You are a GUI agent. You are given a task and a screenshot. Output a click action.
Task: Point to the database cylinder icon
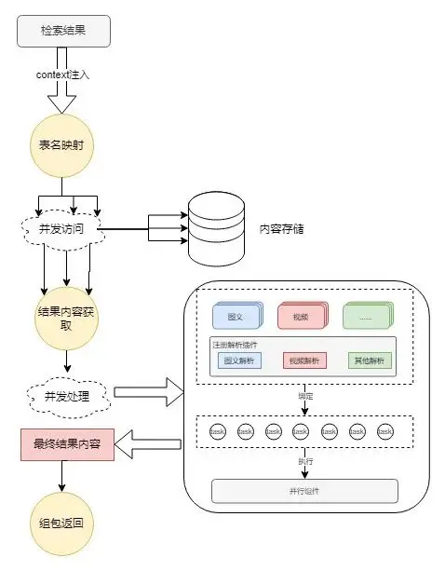[215, 227]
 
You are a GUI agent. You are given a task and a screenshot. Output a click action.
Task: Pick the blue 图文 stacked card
[235, 317]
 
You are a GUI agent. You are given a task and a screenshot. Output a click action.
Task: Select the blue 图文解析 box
[238, 361]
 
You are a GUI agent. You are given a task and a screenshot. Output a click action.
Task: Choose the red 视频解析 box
[304, 361]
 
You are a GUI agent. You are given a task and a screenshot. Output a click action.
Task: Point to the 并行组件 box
[305, 490]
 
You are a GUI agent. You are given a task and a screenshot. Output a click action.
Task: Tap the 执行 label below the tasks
[305, 459]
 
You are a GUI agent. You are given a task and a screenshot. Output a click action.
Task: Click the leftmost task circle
[218, 431]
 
